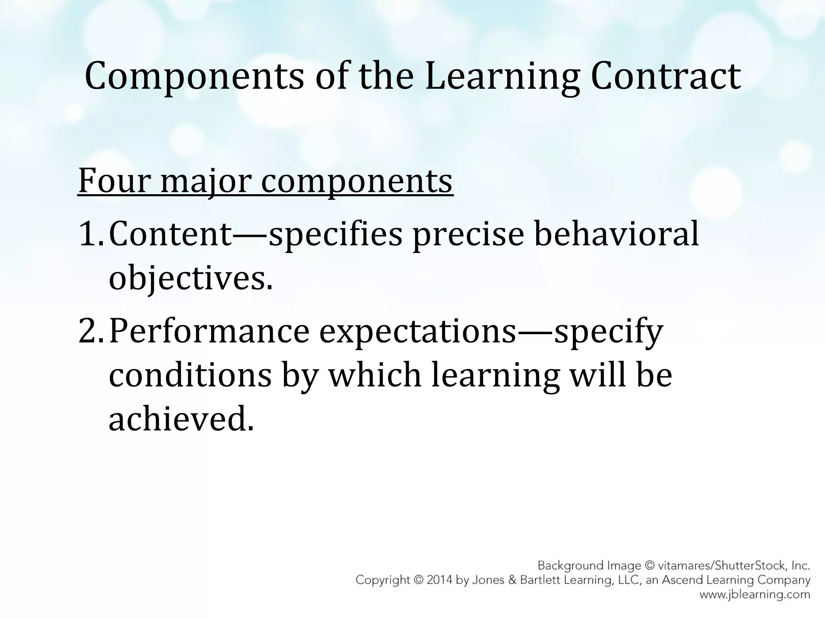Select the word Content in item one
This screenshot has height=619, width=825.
(170, 234)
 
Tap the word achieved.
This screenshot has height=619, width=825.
(181, 419)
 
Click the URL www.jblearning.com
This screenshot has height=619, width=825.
(755, 594)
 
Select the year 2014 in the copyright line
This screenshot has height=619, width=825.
(440, 580)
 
